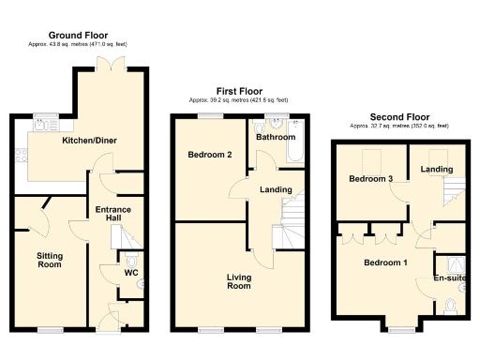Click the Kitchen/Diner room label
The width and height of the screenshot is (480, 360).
pos(89,141)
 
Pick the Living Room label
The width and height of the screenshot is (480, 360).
pos(238,280)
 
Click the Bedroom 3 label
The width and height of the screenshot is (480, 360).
pos(370,179)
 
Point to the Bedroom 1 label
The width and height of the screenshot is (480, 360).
pos(385,262)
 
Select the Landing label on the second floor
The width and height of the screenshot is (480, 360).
pos(437,169)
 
